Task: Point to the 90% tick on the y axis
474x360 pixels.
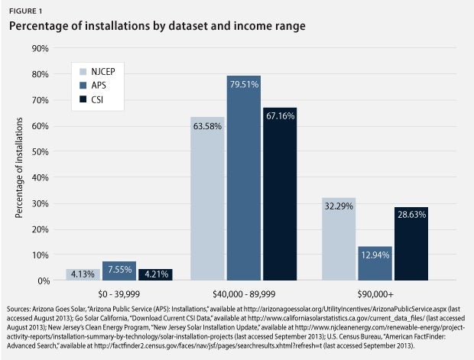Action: [40, 48]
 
